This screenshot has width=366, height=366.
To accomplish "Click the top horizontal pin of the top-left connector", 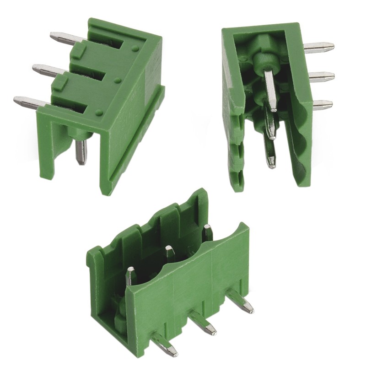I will pos(62,38).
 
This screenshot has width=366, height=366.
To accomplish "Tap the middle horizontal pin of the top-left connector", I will pos(46,70).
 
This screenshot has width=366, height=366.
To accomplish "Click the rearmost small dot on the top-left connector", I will pos(135,48).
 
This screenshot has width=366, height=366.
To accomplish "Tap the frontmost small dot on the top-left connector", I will pos(99,111).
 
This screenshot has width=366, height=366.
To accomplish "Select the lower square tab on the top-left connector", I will pos(60,83).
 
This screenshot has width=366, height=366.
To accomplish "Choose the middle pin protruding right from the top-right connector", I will pos(321,75).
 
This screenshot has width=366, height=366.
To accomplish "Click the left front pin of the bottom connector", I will pos(165,344).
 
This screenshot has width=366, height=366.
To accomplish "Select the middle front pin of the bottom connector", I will pos(203,322).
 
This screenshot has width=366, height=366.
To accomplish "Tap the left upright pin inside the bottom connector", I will pos(130,276).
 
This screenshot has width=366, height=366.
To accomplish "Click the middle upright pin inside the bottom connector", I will pos(169,253).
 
